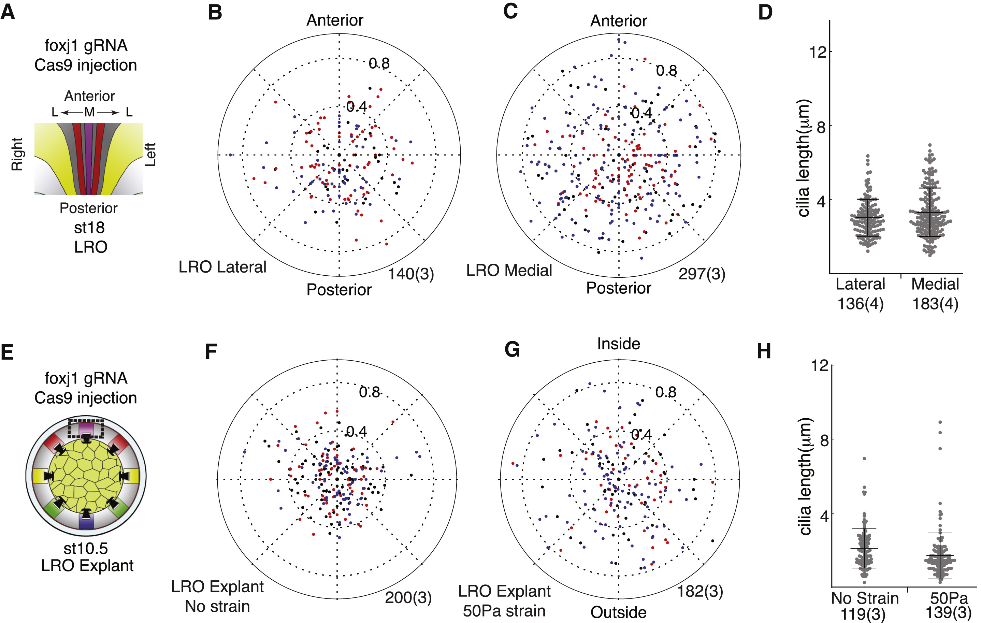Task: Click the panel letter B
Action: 215,12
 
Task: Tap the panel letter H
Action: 764,351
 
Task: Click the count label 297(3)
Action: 702,273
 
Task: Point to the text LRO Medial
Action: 509,271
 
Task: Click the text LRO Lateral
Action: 222,267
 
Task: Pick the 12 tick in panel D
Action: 817,52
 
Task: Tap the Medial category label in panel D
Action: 935,284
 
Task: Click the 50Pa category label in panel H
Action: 949,598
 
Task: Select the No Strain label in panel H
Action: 865,598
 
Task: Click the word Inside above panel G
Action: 618,344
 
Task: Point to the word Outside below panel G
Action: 618,612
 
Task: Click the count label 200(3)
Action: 408,597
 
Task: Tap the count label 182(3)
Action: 700,591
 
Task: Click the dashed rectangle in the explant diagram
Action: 86,428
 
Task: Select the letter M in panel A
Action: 89,112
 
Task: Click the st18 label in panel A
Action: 89,227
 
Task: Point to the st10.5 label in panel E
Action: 86,548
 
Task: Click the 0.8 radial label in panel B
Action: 379,63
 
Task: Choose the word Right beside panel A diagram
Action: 17,154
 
